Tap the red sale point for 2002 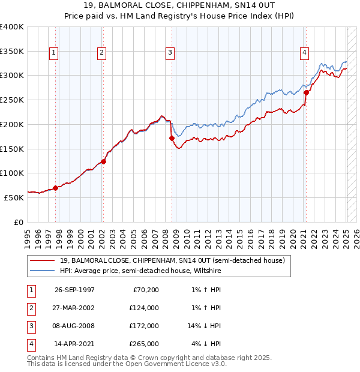click(x=103, y=161)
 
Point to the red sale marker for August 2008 click(x=172, y=138)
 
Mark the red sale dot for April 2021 click(x=306, y=92)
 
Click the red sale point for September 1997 click(x=56, y=188)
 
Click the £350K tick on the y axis click(x=12, y=52)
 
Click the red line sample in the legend click(x=43, y=260)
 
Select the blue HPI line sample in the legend click(x=43, y=271)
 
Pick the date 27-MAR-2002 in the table click(x=75, y=308)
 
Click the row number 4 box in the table click(x=30, y=344)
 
